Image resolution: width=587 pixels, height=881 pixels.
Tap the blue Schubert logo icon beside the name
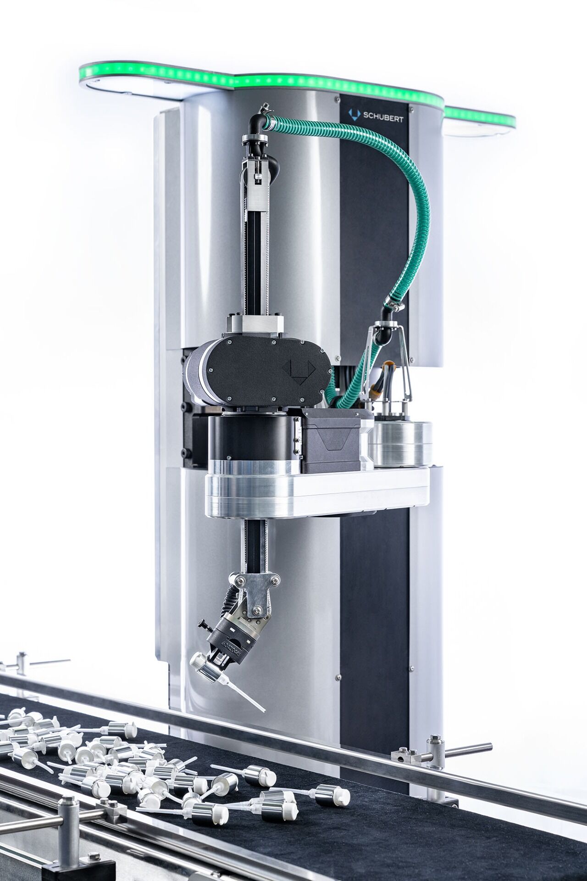click(354, 114)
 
